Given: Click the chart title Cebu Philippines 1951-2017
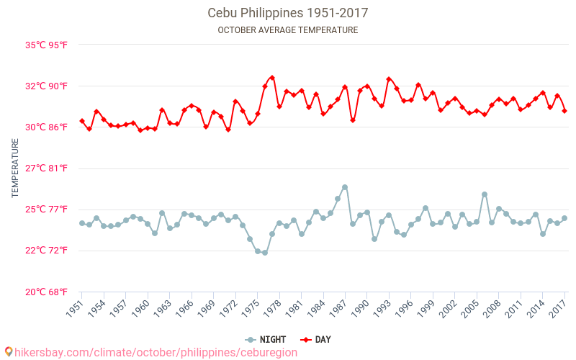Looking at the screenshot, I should (287, 13).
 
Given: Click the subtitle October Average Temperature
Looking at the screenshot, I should (287, 30).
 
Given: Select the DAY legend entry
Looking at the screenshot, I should (315, 339).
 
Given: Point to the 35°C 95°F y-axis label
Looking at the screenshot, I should (47, 45).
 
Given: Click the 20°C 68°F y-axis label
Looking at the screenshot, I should (47, 292).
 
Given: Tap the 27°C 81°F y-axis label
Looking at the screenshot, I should (47, 168).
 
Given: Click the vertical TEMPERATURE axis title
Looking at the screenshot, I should (15, 168).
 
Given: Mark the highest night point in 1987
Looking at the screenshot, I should (345, 187).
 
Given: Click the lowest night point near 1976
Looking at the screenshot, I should (265, 253).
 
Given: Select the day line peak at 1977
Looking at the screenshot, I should (272, 77).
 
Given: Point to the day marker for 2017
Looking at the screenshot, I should (564, 111).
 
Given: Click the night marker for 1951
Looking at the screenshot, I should (81, 223).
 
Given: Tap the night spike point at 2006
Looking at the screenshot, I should (485, 194).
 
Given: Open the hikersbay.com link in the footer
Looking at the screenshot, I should (151, 352).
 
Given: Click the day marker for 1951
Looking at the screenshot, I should (81, 121).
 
